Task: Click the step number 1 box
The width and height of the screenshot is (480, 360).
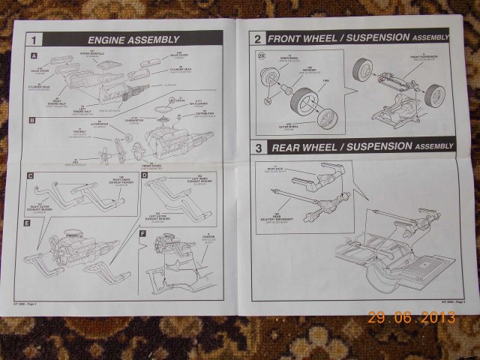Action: pyautogui.click(x=35, y=40)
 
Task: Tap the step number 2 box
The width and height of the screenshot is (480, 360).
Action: pyautogui.click(x=257, y=37)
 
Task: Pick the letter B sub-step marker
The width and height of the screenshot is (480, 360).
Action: pyautogui.click(x=32, y=120)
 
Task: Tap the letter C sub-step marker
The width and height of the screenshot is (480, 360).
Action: pyautogui.click(x=31, y=177)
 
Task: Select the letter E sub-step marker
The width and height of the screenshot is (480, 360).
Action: pyautogui.click(x=28, y=223)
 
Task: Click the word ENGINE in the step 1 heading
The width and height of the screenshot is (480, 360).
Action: pyautogui.click(x=110, y=40)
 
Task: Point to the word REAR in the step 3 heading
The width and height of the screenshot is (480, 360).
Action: pyautogui.click(x=286, y=148)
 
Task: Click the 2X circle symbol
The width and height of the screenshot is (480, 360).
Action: pyautogui.click(x=261, y=56)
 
